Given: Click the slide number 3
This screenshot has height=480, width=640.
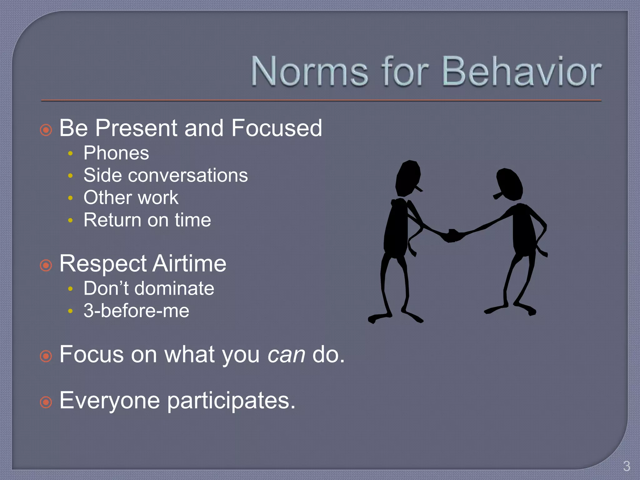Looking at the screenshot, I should pyautogui.click(x=626, y=466).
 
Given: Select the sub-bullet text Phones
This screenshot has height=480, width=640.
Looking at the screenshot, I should pyautogui.click(x=116, y=153).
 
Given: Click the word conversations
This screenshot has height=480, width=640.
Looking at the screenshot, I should pyautogui.click(x=188, y=175).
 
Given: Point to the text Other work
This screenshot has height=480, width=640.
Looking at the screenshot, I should pyautogui.click(x=131, y=197).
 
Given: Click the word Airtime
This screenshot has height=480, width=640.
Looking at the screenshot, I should pyautogui.click(x=189, y=264).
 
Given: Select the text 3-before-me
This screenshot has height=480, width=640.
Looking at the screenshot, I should pyautogui.click(x=136, y=311).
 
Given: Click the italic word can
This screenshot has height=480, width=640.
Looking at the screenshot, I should pyautogui.click(x=286, y=355).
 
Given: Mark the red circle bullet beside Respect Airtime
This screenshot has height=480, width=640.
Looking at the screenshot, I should pyautogui.click(x=46, y=266).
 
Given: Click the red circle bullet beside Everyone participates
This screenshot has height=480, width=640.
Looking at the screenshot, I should pyautogui.click(x=46, y=402).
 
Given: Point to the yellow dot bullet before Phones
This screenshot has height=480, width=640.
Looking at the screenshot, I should pyautogui.click(x=70, y=153).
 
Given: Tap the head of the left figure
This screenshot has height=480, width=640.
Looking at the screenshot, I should pyautogui.click(x=408, y=178).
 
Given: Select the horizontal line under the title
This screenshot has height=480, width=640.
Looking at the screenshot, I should pyautogui.click(x=321, y=101).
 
